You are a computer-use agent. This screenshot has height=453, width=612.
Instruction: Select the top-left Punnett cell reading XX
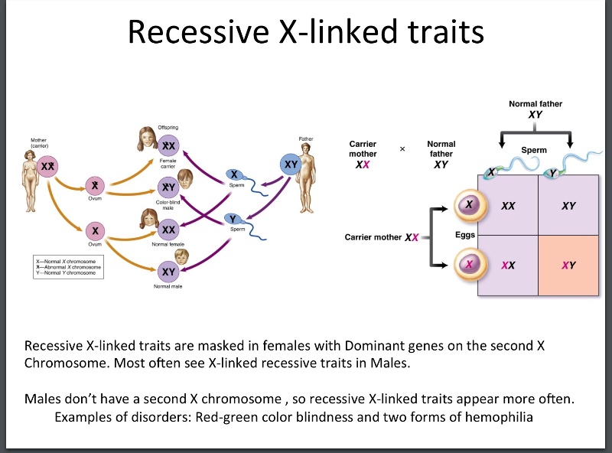pos(508,206)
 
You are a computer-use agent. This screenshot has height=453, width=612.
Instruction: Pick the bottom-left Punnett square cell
pos(508,266)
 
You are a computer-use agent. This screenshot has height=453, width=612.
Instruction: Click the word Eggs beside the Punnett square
pos(465,235)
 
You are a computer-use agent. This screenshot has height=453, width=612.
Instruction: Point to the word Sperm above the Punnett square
pos(534,150)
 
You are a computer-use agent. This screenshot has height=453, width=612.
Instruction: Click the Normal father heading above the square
pos(535,104)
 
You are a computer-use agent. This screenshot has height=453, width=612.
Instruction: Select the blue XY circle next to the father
pos(291,165)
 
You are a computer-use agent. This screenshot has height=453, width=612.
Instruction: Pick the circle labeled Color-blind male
pos(168,187)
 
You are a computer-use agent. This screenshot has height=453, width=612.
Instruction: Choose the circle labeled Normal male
pos(169,272)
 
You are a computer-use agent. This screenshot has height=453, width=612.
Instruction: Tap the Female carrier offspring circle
pos(168,145)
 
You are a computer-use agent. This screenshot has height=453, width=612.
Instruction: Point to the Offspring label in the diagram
pos(168,126)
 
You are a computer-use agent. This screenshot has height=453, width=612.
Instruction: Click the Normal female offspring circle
pos(169,230)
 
